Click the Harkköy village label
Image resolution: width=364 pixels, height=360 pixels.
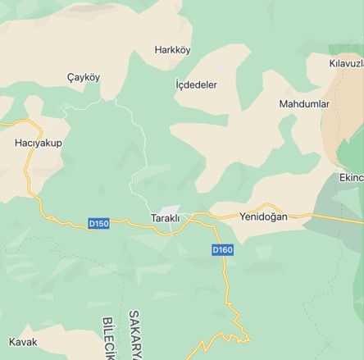pos(172,50)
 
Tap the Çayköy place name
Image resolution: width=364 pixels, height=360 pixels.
pos(83,77)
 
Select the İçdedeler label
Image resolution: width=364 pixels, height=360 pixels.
pos(197,84)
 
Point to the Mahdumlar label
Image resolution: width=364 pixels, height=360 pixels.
pos(304,104)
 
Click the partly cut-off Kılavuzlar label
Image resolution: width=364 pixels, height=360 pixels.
pos(345,63)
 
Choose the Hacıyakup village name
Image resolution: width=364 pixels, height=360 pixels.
pos(39,143)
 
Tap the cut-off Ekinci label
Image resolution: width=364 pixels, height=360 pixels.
pos(350,176)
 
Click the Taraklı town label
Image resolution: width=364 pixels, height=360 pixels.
pos(165,217)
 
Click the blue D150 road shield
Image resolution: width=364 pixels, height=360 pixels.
pos(98,223)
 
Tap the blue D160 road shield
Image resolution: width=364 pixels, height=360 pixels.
pos(222,249)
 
